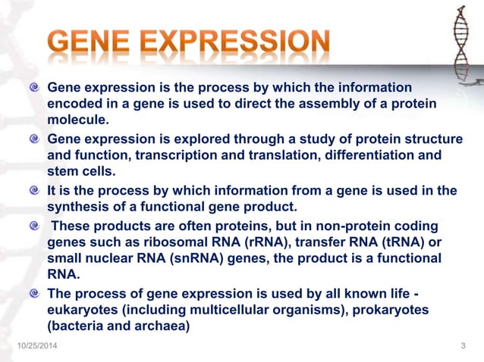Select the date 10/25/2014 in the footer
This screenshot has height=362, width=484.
[39, 347]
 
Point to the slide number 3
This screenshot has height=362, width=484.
[463, 347]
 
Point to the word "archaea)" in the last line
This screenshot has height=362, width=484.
[163, 326]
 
